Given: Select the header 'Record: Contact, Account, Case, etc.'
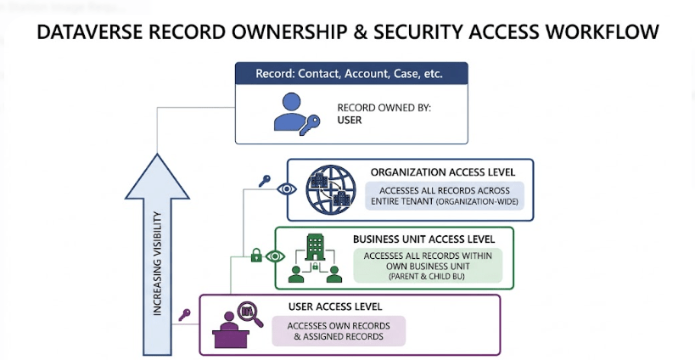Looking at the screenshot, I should [x=350, y=73].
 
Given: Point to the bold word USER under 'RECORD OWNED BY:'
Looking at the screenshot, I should [x=350, y=120].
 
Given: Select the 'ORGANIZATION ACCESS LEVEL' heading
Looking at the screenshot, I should [x=448, y=172].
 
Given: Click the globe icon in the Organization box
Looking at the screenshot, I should [x=331, y=188].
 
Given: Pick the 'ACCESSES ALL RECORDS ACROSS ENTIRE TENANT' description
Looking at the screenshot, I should [x=446, y=196].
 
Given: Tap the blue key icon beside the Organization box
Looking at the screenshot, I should [x=265, y=180].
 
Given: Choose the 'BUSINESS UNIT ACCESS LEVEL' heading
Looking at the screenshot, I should [x=426, y=239].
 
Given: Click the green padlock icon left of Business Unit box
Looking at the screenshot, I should [x=255, y=255].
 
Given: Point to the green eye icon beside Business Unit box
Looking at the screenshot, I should [x=274, y=256].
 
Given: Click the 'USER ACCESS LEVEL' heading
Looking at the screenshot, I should [x=334, y=306].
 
